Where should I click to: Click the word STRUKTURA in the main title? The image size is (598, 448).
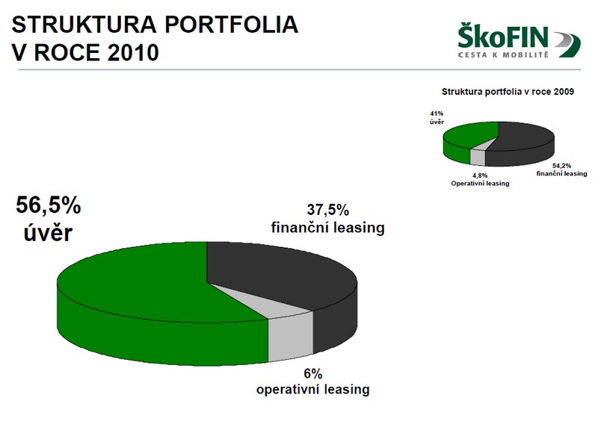pyautogui.click(x=84, y=25)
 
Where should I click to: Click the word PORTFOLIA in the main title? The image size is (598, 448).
pyautogui.click(x=231, y=25)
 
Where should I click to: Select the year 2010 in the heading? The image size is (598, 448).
pyautogui.click(x=133, y=52)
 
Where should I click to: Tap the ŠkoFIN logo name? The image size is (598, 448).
pyautogui.click(x=503, y=36)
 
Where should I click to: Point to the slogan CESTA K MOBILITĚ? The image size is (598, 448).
pyautogui.click(x=503, y=55)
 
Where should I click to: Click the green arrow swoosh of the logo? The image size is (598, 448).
pyautogui.click(x=567, y=45)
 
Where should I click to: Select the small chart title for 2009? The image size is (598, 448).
pyautogui.click(x=508, y=92)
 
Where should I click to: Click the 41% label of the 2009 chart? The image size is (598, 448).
pyautogui.click(x=437, y=113)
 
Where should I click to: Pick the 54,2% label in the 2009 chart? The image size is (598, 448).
pyautogui.click(x=562, y=166)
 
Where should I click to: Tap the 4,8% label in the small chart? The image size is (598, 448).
pyautogui.click(x=480, y=175)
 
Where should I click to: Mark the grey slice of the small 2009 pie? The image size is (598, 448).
pyautogui.click(x=478, y=155)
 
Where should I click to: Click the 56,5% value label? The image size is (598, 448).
pyautogui.click(x=48, y=205)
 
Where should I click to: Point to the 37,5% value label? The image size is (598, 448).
pyautogui.click(x=328, y=210)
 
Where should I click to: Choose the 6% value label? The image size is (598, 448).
pyautogui.click(x=313, y=374)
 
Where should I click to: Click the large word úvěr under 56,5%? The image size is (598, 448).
pyautogui.click(x=48, y=232)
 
